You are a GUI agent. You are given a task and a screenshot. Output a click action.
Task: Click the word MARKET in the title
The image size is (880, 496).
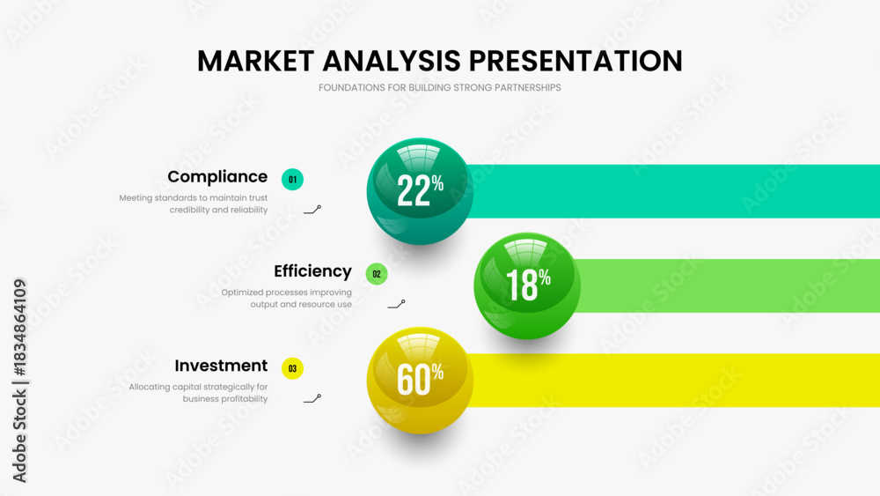tap(255, 61)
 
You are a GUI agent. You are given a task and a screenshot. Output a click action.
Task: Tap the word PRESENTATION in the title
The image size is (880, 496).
tap(576, 61)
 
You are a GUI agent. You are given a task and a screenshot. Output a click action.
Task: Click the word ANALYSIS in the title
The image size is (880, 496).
tap(392, 61)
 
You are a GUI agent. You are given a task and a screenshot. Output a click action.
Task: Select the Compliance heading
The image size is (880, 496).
tap(217, 177)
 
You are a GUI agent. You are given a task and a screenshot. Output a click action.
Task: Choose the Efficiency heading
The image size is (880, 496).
tap(312, 271)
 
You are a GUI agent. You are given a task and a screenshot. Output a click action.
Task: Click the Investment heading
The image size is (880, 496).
tap(221, 366)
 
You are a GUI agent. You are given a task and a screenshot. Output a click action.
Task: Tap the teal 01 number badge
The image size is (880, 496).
tap(292, 180)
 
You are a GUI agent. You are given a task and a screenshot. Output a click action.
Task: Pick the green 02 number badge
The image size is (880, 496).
tap(377, 274)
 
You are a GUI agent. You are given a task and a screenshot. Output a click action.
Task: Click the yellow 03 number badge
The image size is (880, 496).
tap(292, 368)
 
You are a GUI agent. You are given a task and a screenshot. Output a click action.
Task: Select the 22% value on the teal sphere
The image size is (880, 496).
tap(420, 190)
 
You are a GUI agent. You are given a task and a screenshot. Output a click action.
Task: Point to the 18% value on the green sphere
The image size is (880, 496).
tap(527, 285)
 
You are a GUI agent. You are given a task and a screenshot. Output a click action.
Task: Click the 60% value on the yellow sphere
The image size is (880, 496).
tap(420, 379)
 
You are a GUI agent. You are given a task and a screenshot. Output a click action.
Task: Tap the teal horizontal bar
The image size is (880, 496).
tap(673, 191)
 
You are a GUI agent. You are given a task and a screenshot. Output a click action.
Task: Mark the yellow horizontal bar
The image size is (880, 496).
tap(673, 380)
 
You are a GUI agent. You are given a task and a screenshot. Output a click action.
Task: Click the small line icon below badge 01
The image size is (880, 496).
tap(312, 210)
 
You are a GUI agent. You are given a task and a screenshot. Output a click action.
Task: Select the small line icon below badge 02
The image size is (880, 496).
tap(396, 304)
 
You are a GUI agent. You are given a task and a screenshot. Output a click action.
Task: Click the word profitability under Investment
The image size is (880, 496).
tap(241, 399)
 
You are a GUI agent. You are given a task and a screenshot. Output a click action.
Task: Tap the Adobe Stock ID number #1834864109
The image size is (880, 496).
tap(19, 328)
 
